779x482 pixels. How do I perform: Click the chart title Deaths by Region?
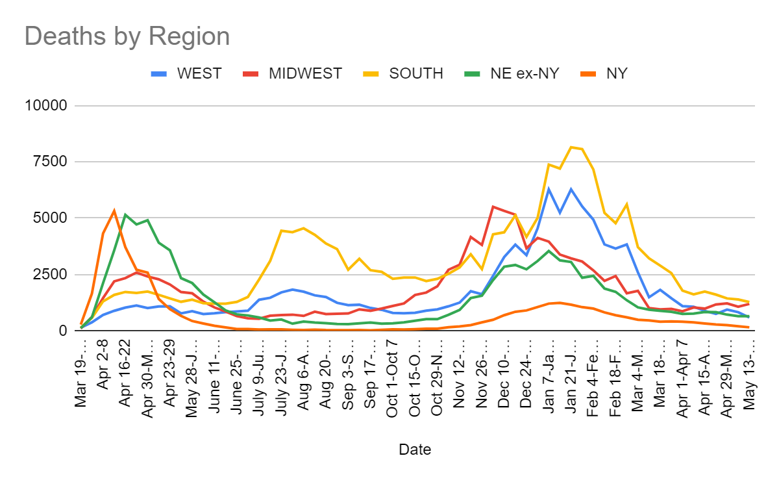(x=127, y=36)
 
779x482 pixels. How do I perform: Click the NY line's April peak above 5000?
(x=114, y=210)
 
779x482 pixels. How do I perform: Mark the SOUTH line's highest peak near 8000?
(x=571, y=147)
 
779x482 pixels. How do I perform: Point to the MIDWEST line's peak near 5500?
(x=493, y=207)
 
